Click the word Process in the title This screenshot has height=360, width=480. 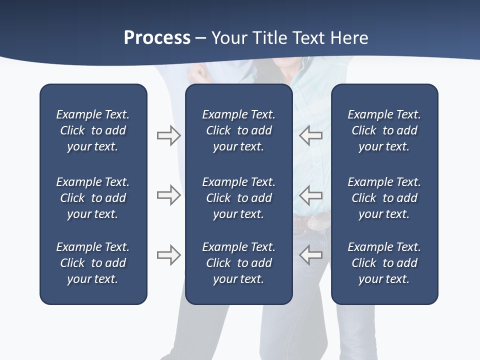pyautogui.click(x=157, y=38)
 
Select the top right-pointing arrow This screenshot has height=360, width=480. pyautogui.click(x=168, y=135)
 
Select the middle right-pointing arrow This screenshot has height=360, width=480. pyautogui.click(x=168, y=195)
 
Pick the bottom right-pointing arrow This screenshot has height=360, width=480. pyautogui.click(x=168, y=255)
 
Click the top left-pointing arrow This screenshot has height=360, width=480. pyautogui.click(x=311, y=135)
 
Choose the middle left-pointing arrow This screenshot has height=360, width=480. pyautogui.click(x=311, y=195)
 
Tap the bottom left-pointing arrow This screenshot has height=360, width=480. pyautogui.click(x=311, y=255)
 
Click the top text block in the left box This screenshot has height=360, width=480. pyautogui.click(x=93, y=130)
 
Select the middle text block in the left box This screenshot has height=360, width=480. pyautogui.click(x=93, y=198)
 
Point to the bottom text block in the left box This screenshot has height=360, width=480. pyautogui.click(x=93, y=263)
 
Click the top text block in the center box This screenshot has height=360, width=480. pyautogui.click(x=238, y=130)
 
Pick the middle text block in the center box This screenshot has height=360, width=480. pyautogui.click(x=238, y=198)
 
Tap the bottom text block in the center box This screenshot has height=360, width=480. pyautogui.click(x=238, y=263)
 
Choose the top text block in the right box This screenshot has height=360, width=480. pyautogui.click(x=384, y=130)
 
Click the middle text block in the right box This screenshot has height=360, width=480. pyautogui.click(x=384, y=198)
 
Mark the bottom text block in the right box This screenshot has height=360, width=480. pyautogui.click(x=384, y=263)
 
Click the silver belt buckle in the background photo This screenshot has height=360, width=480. pyautogui.click(x=318, y=221)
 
